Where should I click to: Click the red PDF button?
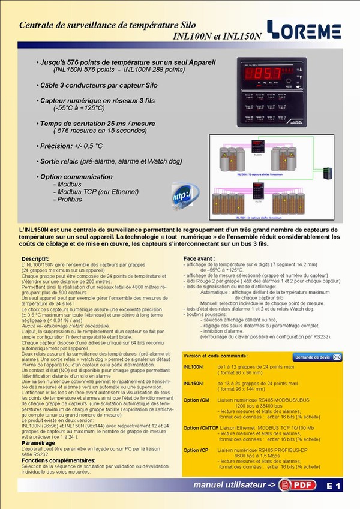tap(300, 486)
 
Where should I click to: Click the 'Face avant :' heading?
tap(199, 258)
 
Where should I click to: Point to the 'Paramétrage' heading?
tap(38, 443)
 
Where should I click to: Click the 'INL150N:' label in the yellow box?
tap(193, 382)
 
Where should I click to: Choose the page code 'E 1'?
tap(334, 487)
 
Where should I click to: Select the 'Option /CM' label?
tap(195, 400)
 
